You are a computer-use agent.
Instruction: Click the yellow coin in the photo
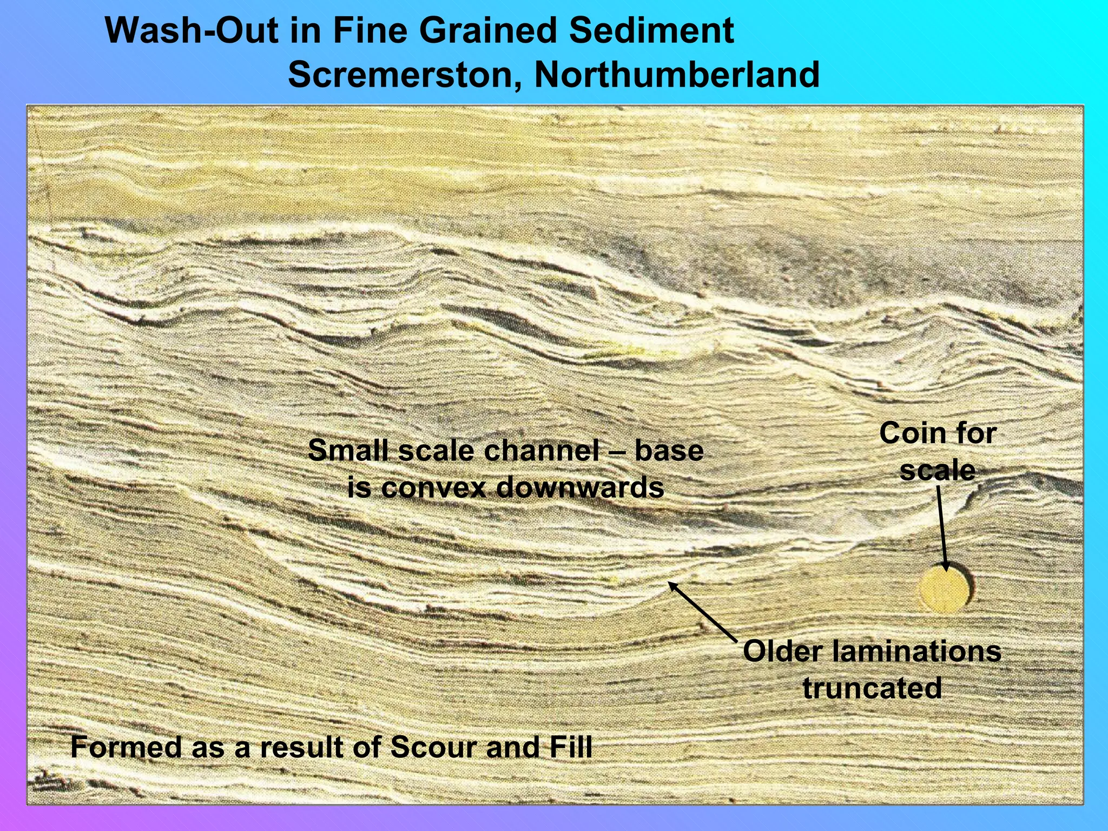coord(945,589)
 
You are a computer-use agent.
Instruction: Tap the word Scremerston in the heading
coord(400,75)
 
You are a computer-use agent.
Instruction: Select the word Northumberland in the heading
coord(677,75)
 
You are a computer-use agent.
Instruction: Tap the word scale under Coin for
coord(938,470)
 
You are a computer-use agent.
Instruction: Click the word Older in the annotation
coord(782,651)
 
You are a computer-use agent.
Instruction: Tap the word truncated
coord(872,688)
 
